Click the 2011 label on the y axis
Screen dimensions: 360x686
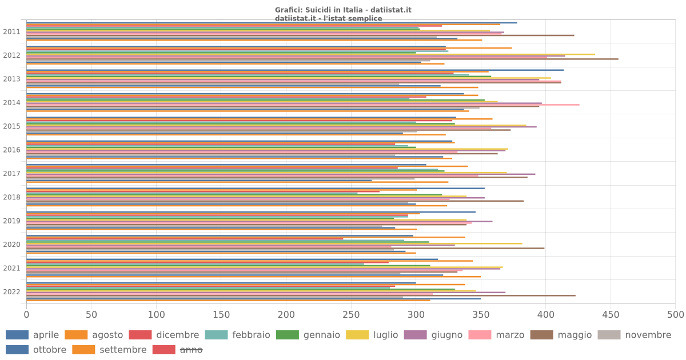(11, 32)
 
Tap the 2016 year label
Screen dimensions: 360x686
(11, 150)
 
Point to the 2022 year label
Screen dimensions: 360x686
(11, 292)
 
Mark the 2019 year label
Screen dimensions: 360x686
(11, 221)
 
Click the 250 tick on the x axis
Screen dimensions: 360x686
(351, 315)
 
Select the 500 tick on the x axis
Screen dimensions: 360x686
(675, 315)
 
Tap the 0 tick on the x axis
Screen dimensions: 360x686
(26, 315)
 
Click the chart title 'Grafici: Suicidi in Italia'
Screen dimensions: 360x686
(343, 10)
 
